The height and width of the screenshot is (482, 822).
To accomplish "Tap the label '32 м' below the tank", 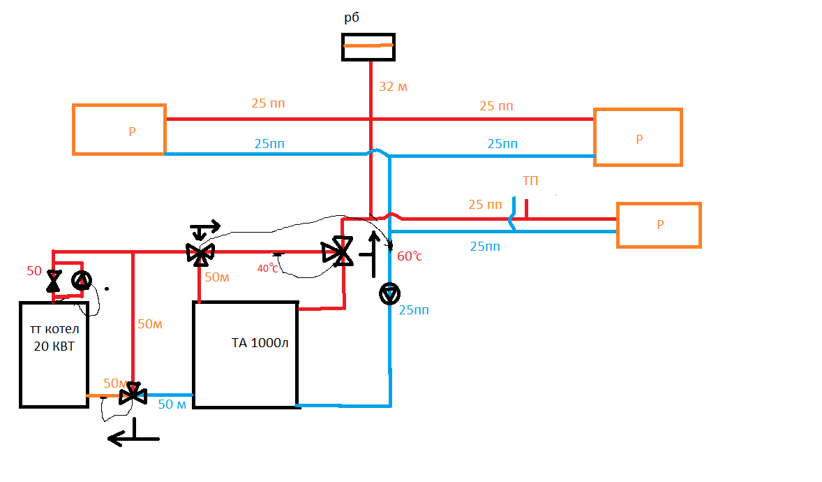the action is (x=393, y=87).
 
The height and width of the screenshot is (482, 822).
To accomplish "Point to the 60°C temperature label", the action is (x=410, y=256).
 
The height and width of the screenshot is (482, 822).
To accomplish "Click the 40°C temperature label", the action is (x=267, y=268).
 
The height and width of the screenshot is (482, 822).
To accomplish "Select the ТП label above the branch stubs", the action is (x=530, y=181).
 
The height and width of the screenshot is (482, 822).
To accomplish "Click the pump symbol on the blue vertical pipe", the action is (x=389, y=293).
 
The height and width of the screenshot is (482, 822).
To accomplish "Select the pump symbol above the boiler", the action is (x=81, y=280).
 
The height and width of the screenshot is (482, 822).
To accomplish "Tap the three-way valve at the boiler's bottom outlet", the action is (x=133, y=394).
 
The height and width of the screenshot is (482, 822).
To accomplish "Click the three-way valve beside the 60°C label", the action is (x=338, y=251).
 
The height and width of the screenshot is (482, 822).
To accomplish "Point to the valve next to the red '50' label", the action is (x=54, y=282).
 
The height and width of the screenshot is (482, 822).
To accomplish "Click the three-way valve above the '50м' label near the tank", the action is (x=200, y=254).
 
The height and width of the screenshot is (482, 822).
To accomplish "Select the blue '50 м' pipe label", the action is (x=172, y=404).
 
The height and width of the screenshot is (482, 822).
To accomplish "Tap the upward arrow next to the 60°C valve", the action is (x=373, y=254).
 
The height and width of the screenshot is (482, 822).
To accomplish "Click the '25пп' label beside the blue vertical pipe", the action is (x=414, y=310).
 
